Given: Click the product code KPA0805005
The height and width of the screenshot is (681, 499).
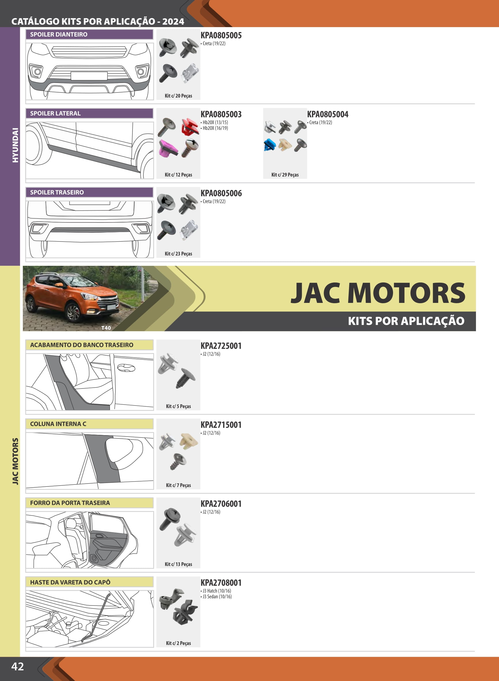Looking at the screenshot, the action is (221, 35).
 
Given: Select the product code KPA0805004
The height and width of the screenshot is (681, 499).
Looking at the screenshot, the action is (328, 114).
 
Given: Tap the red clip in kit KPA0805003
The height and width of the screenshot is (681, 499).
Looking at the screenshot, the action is (190, 126).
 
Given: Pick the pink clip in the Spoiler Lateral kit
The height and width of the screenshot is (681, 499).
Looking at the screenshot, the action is (168, 148).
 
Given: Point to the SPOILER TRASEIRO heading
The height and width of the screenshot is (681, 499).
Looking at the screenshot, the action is (57, 192).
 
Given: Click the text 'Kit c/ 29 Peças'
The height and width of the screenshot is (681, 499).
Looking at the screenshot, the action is (285, 175).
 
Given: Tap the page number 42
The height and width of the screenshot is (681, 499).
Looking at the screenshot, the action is (18, 667).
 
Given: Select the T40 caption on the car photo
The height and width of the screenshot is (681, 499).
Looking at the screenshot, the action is (106, 328).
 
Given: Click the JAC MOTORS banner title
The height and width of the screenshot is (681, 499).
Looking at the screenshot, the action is (378, 293).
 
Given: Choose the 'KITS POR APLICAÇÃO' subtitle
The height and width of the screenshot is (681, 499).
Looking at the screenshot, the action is (406, 321).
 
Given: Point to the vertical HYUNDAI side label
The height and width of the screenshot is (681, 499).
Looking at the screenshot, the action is (15, 145).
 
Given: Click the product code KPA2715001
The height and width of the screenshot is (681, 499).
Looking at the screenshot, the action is (221, 425).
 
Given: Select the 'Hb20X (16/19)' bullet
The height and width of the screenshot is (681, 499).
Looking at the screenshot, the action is (215, 128).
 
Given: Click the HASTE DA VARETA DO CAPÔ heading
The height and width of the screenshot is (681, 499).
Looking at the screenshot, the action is (70, 582).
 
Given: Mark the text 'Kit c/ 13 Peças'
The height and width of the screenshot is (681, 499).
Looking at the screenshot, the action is (178, 564).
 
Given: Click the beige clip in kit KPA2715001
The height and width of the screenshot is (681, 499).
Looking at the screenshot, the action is (189, 441).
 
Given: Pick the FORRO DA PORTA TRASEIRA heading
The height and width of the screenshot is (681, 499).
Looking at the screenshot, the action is (70, 503).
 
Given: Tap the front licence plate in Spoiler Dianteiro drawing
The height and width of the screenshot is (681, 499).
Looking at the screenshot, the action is (89, 76).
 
